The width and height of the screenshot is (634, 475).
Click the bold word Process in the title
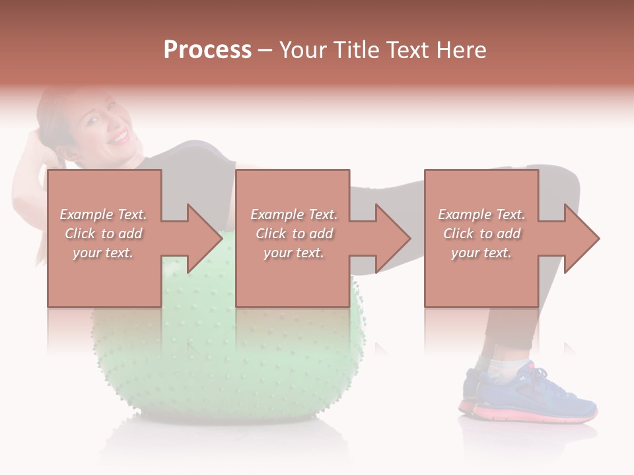tap(207, 50)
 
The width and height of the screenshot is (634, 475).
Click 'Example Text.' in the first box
tap(103, 214)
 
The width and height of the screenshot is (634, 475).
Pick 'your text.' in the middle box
tap(293, 253)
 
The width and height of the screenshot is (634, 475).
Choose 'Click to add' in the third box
tap(481, 234)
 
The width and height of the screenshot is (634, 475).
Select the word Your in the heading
tap(304, 50)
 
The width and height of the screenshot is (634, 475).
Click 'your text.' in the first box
tap(103, 253)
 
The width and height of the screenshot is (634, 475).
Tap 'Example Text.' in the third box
tap(481, 214)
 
